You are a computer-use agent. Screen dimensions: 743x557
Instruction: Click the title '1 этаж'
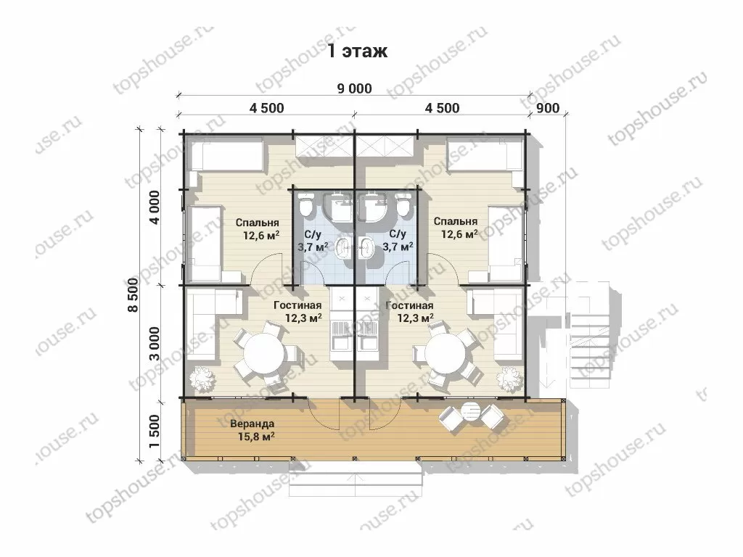pos(358,51)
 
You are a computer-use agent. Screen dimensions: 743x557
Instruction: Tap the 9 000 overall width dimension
pos(354,88)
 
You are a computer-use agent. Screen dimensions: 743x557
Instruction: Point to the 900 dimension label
pos(549,109)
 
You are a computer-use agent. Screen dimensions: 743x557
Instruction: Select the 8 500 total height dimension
pos(134,294)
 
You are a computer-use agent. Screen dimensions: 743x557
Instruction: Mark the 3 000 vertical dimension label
pos(155,343)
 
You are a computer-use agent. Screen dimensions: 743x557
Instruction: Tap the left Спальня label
pos(257,223)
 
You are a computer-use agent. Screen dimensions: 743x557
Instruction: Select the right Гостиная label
pos(409,306)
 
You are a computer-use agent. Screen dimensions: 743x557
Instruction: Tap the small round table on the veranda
pos(471,412)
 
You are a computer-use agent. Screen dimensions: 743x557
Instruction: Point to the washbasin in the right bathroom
pos(366,247)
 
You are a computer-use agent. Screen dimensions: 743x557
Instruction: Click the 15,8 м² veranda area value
pos(256,437)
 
